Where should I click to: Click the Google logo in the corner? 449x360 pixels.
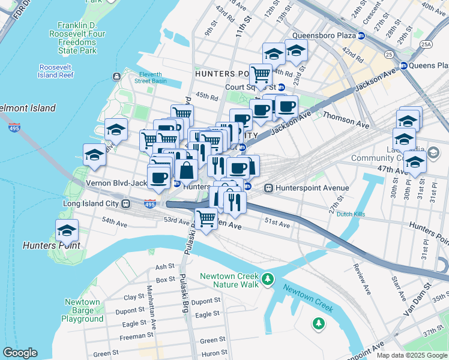point(20,353)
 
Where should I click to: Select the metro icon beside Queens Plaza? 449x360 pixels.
point(405,65)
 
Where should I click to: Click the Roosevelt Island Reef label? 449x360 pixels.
point(56,71)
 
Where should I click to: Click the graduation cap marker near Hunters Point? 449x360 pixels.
point(67,230)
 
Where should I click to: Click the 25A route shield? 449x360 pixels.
point(426,44)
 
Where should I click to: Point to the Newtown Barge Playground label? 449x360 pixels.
point(83,310)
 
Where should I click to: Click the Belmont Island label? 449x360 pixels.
point(28,109)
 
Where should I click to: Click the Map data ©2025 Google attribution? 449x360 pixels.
point(411,355)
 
